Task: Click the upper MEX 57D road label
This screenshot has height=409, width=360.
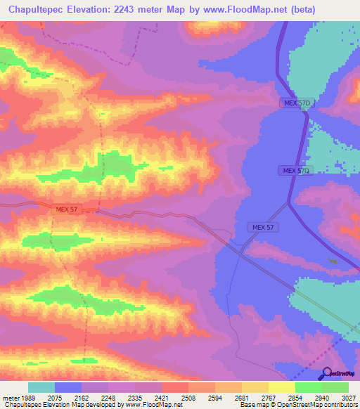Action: click(296, 103)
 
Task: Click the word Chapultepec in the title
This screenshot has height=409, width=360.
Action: click(36, 9)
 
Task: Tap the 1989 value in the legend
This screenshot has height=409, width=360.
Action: click(29, 397)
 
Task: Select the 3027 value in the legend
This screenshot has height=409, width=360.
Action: click(348, 397)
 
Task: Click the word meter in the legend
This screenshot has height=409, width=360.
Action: click(10, 397)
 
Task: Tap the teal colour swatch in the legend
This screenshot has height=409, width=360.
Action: click(41, 387)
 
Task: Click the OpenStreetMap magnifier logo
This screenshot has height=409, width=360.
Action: click(326, 373)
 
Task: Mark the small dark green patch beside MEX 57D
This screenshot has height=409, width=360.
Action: click(333, 261)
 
